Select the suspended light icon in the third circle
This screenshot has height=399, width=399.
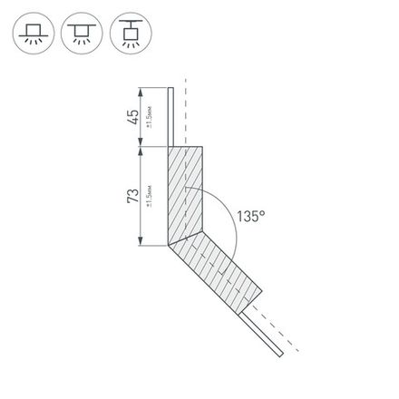coord(125,35)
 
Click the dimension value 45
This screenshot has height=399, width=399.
coord(133,116)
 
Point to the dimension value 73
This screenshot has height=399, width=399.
coord(133,196)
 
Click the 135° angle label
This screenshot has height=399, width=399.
coord(252,217)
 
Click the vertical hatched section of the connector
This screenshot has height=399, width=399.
coord(188,195)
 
